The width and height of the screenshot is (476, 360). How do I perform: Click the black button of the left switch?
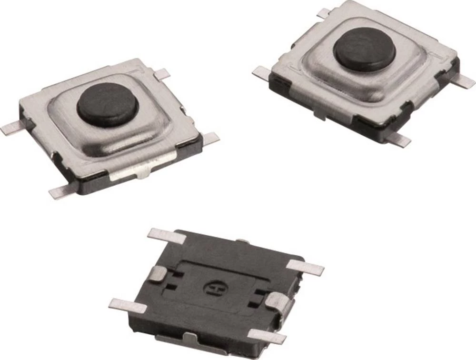click(x=108, y=104)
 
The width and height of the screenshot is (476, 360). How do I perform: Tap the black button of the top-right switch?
click(x=364, y=49)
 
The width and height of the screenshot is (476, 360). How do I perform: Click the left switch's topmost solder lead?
click(x=162, y=73)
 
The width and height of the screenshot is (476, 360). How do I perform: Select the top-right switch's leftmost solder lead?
click(x=261, y=72)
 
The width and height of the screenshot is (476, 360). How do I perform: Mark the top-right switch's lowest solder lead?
click(x=398, y=139)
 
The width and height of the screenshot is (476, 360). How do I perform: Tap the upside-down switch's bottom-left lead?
click(x=126, y=305)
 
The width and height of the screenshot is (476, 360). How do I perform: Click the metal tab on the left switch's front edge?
click(x=131, y=172)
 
